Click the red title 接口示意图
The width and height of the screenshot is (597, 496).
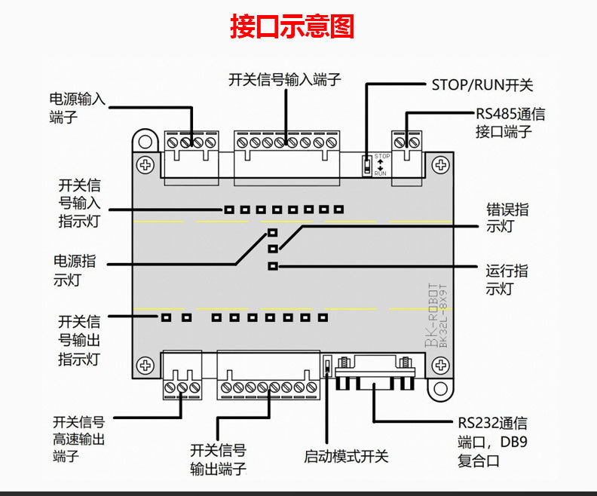pos(292,27)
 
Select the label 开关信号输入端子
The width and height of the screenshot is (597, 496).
pos(285,80)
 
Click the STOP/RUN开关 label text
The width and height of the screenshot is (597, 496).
pos(482,84)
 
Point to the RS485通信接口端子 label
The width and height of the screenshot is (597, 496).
pos(510,123)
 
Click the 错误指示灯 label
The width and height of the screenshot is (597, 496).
pos(507,218)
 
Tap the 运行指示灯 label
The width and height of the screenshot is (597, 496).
pos(506,280)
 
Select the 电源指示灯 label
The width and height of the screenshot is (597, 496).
pos(75,271)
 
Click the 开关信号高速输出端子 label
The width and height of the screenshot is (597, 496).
pos(78,439)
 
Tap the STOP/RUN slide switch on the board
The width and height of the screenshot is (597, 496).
pos(367,165)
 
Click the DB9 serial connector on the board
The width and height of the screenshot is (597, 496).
pos(375,373)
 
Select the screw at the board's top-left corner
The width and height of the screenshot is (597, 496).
pos(145,164)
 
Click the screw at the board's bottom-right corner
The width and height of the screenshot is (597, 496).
pos(439,365)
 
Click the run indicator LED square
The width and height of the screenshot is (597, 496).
pos(273,265)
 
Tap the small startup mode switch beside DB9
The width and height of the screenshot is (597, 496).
pos(328,367)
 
